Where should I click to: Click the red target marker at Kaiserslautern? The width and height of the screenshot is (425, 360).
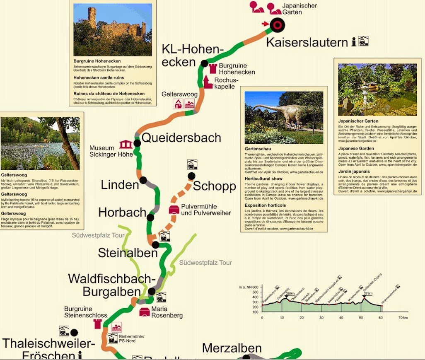[277, 25]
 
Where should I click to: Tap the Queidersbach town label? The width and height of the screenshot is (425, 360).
[181, 138]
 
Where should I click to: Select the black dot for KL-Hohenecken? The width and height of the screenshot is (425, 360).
[204, 63]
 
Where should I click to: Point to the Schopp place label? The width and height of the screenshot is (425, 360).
[214, 186]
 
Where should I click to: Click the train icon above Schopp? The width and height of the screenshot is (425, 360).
[192, 164]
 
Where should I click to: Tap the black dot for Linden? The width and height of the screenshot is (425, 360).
[143, 180]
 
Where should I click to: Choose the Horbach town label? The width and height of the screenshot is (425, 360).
[122, 213]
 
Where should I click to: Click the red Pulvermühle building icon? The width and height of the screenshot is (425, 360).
[174, 210]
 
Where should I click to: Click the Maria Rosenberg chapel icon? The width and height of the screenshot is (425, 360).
[145, 312]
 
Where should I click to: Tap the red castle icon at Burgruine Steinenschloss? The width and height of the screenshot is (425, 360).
[98, 324]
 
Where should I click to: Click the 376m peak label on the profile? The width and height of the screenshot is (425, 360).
[367, 293]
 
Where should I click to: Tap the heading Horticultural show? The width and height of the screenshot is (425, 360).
[264, 178]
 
